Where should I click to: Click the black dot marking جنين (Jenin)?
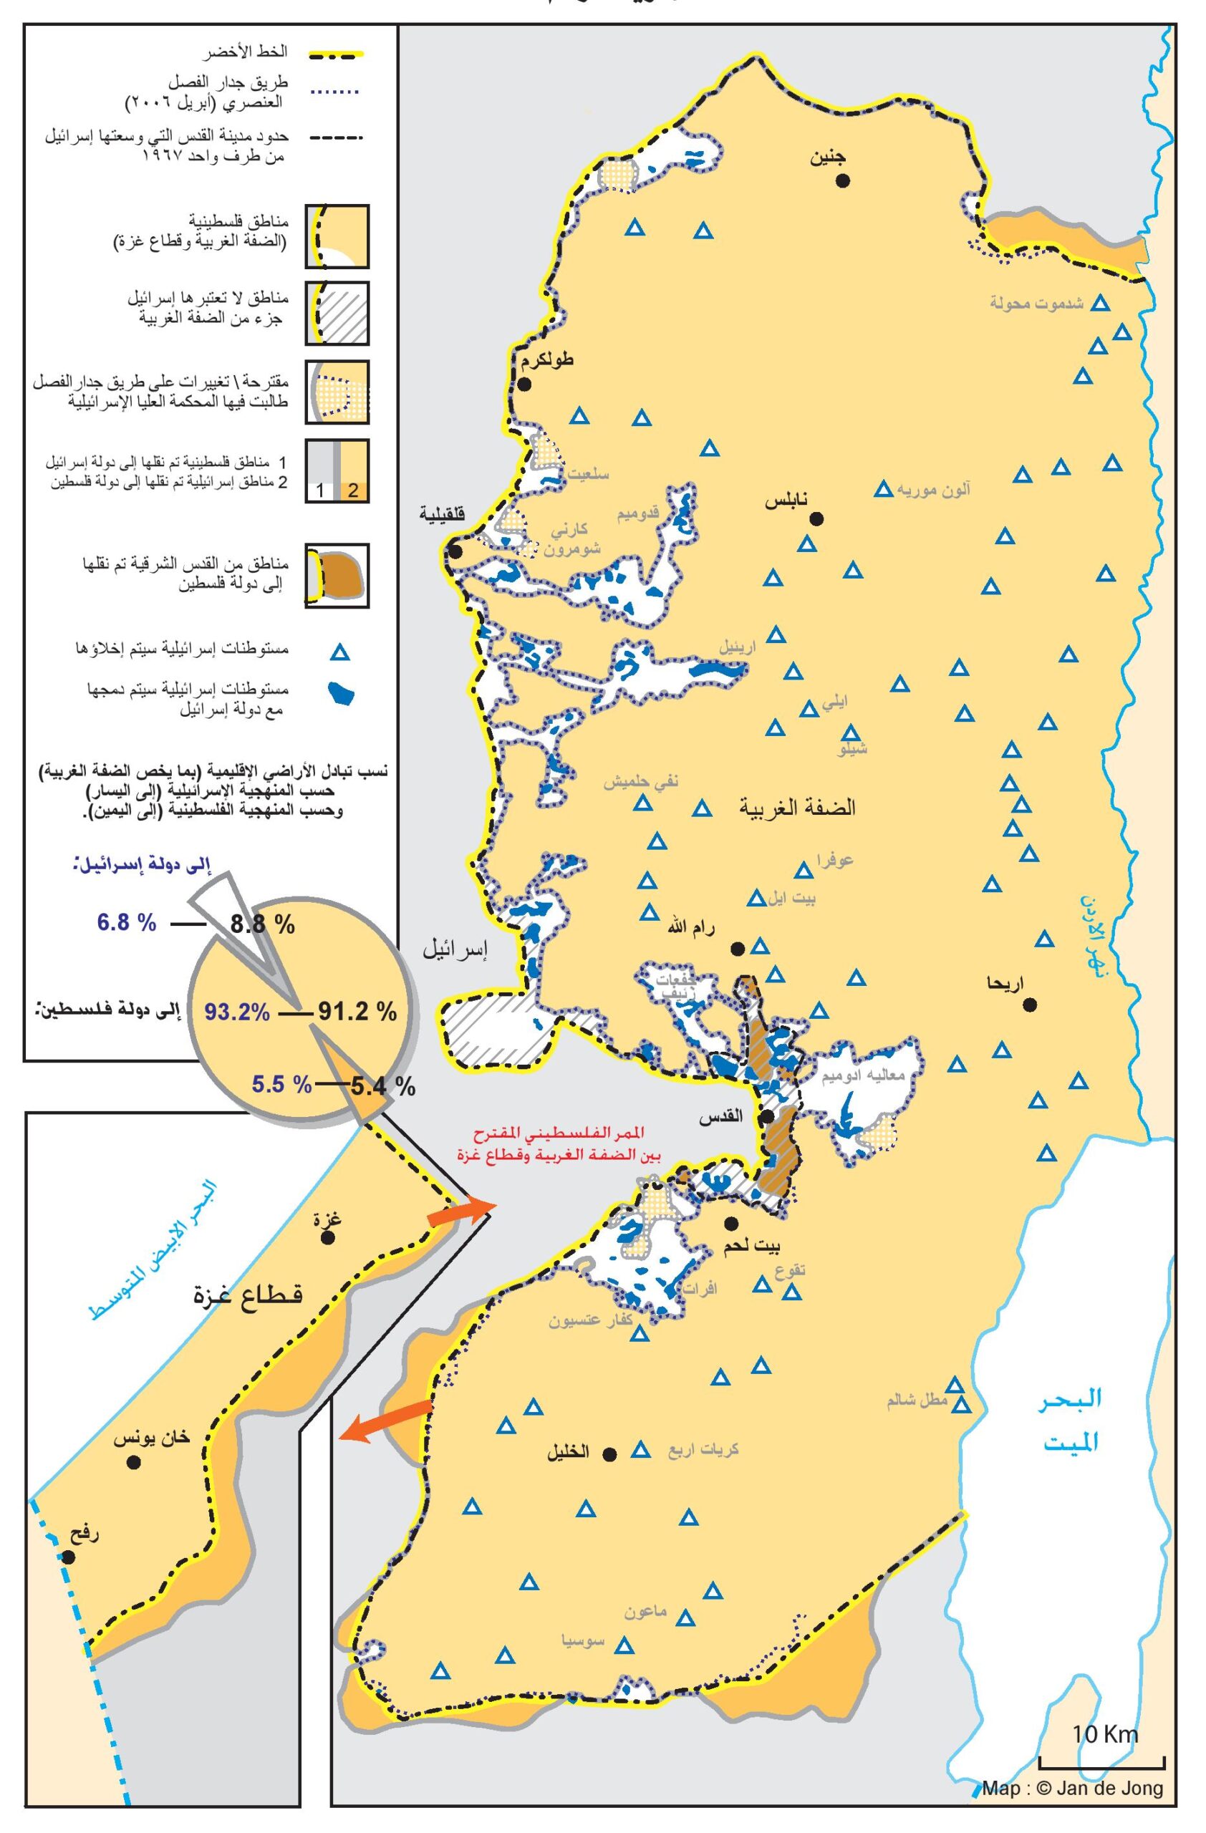coord(844,180)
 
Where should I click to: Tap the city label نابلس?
coord(786,501)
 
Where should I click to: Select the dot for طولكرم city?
coord(525,384)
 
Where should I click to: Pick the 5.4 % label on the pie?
coord(382,1087)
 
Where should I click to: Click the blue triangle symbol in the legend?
coord(339,653)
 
